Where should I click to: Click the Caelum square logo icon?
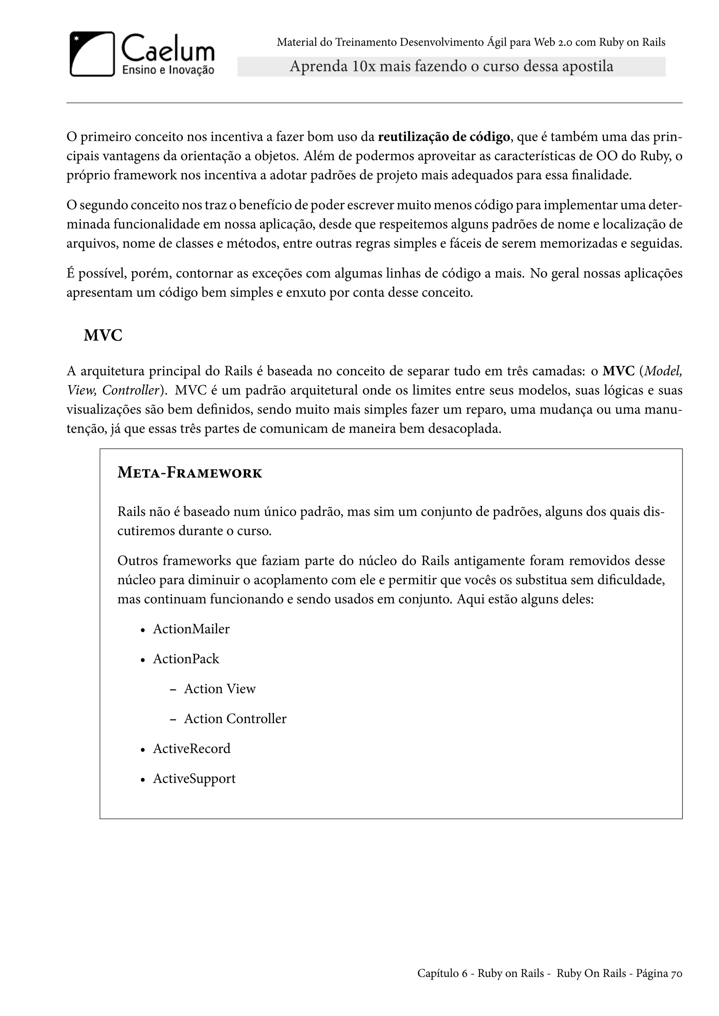92,54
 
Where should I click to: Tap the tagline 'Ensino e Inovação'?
168,70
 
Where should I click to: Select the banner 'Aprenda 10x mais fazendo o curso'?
451,67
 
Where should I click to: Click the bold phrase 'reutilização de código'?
444,137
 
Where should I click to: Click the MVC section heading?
103,336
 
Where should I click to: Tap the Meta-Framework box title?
190,473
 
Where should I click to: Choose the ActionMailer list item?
191,629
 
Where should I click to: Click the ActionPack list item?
186,659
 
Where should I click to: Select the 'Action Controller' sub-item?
235,718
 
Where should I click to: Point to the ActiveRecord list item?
192,749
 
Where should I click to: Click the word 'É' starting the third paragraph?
71,273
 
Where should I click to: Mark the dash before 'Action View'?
173,689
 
